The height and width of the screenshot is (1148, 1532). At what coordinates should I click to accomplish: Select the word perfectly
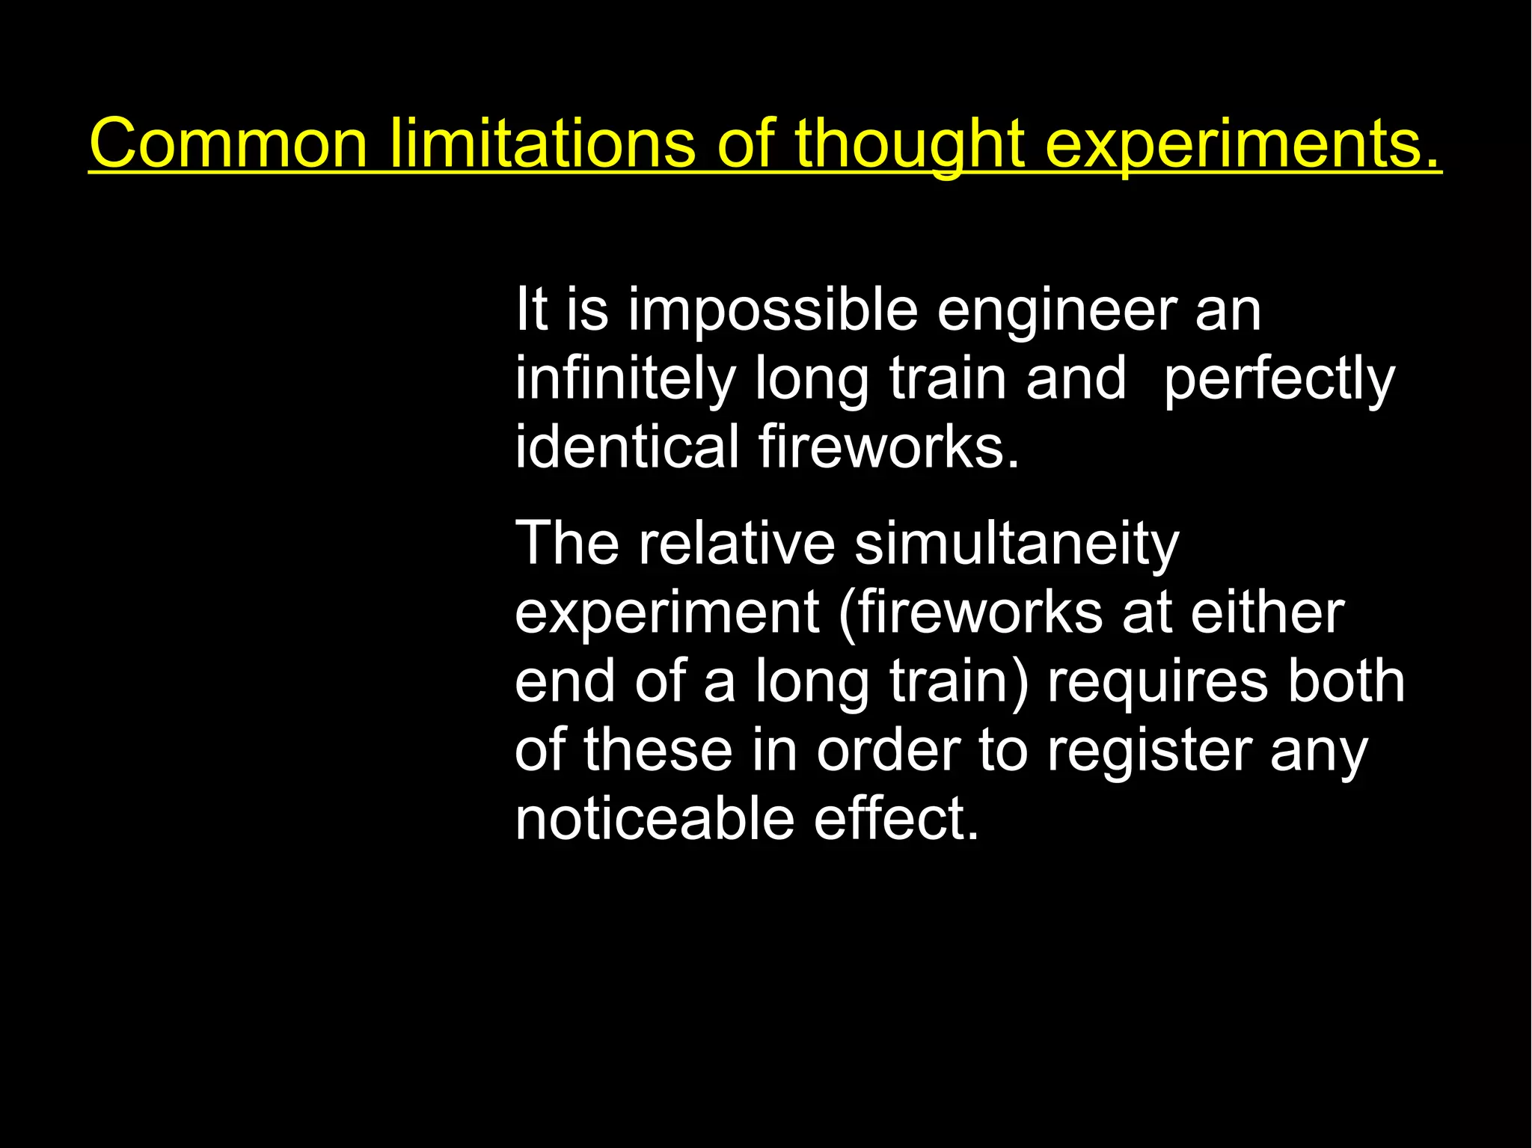pos(1279,378)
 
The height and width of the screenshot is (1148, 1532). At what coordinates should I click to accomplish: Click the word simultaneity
pos(1017,544)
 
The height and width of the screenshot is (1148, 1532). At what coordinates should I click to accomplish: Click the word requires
pos(1157,681)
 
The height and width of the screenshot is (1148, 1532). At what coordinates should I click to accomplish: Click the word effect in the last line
pos(896,819)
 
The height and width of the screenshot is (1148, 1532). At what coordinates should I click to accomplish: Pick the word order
pos(888,750)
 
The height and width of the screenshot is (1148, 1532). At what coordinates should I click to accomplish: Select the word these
pos(658,750)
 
